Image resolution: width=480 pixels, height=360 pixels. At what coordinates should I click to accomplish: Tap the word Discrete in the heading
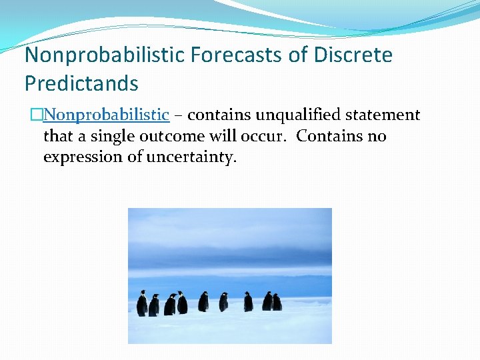coord(353,55)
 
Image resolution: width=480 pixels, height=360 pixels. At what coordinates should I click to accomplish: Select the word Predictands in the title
coord(81,83)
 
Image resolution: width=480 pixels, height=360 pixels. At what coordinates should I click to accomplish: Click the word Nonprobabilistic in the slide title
coord(103,55)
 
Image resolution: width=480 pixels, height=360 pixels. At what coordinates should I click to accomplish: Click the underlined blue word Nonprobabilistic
coord(106,115)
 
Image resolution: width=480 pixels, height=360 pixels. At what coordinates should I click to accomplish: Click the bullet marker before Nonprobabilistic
coord(37,115)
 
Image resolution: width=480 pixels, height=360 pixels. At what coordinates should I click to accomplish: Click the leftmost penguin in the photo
coord(142,304)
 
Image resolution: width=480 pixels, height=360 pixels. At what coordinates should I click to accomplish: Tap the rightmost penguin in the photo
coord(277,303)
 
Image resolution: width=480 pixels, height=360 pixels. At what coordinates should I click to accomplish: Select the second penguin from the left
coord(154,305)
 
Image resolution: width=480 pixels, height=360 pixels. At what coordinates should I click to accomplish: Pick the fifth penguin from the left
coord(203,302)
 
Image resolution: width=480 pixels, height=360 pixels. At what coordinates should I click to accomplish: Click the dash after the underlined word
coord(178,115)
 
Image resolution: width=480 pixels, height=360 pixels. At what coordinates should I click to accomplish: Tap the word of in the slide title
coord(297,55)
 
